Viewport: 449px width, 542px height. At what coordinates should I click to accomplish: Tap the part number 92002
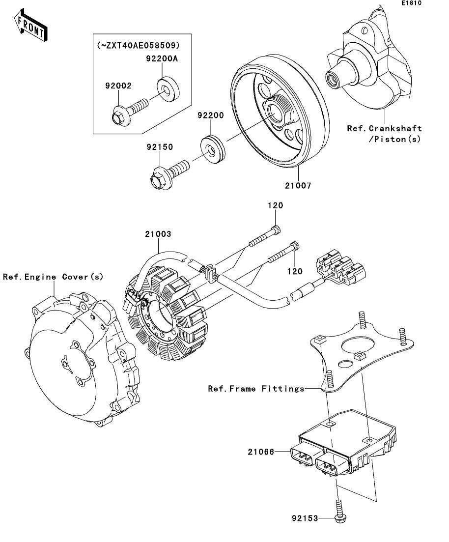coord(118,86)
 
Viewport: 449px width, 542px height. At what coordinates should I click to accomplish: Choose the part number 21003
coord(158,234)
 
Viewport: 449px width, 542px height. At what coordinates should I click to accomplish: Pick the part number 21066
coord(261,451)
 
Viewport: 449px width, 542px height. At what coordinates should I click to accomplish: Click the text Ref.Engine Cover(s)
coord(53,277)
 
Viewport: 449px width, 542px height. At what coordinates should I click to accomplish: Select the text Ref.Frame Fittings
coord(256,389)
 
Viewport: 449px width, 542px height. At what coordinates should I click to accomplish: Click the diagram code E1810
coord(411,3)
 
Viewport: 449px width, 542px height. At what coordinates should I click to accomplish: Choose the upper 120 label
coord(275,205)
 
